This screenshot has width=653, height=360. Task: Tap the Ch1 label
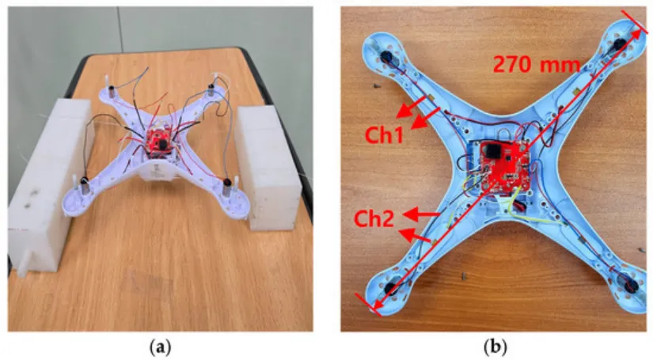385,135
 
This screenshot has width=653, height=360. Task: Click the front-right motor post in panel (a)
225,188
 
